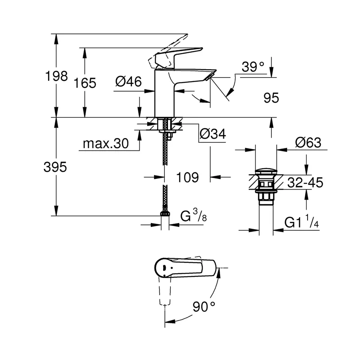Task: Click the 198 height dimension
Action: click(56, 76)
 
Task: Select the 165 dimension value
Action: click(85, 83)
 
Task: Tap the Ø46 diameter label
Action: click(128, 82)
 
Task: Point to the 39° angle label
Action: click(254, 68)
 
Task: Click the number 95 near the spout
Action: click(271, 98)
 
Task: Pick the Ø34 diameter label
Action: click(212, 134)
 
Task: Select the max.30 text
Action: click(106, 143)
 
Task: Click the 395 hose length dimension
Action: click(55, 167)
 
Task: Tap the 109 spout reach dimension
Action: click(188, 177)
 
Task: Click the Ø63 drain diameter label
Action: click(308, 142)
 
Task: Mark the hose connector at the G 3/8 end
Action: click(164, 214)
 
